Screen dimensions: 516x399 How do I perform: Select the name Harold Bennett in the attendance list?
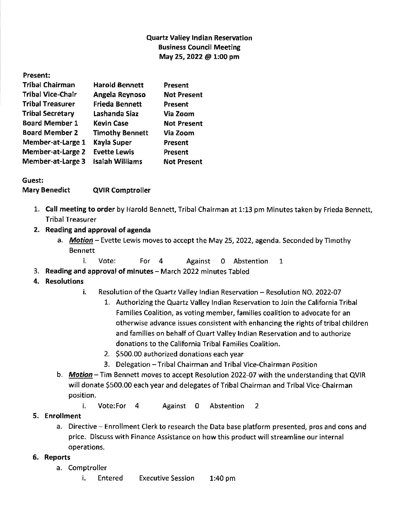118,85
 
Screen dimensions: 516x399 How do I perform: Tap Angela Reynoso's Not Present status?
183,95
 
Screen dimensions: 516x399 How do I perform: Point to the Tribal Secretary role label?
48,114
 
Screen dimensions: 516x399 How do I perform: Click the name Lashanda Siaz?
116,114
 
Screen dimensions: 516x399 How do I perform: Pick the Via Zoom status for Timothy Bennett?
179,133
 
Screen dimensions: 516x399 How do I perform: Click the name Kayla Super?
112,143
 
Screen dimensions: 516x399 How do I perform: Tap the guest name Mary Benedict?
46,190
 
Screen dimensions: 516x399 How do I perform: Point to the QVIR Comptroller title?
122,190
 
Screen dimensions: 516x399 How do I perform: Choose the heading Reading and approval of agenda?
98,230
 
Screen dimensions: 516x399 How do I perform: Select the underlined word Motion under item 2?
81,240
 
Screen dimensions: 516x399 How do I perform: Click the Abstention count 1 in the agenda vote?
281,261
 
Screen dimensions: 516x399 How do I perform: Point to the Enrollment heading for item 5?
62,416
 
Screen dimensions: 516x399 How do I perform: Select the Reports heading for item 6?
57,457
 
